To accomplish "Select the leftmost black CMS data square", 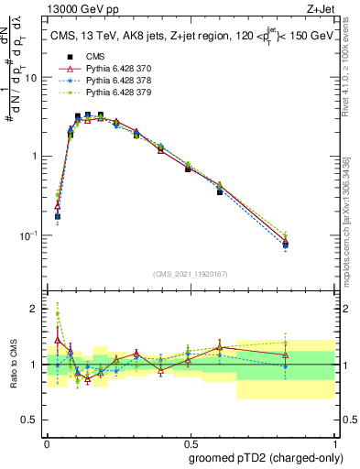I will click(x=58, y=217).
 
